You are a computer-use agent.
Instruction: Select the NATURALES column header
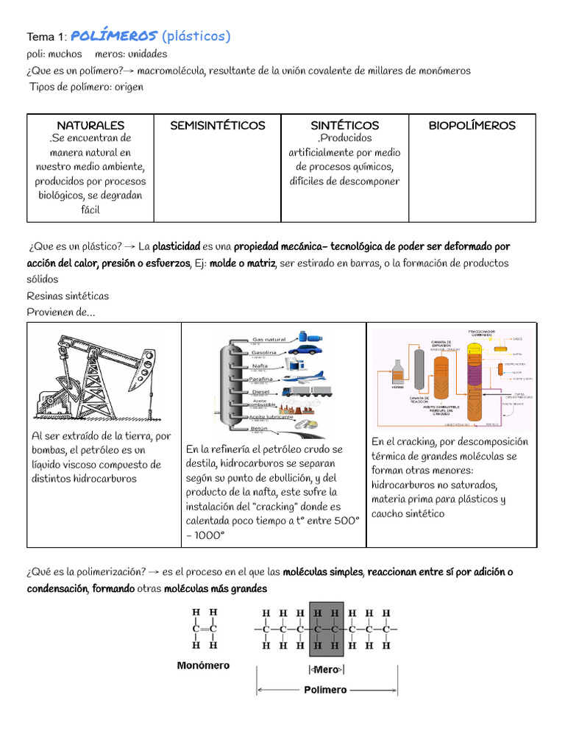point(90,125)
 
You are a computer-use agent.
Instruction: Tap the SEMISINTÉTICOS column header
point(217,125)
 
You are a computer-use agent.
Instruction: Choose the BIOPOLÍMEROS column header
point(472,125)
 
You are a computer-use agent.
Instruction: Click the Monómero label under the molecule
point(203,665)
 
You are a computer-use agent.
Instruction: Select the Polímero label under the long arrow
point(324,690)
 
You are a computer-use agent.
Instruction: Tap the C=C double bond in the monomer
point(204,629)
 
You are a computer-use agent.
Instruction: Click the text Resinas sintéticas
point(68,296)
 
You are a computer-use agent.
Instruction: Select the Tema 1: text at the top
point(47,37)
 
